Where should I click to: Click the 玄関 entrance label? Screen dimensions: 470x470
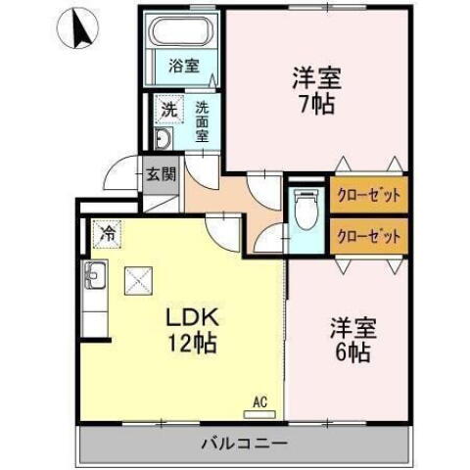pos(161,176)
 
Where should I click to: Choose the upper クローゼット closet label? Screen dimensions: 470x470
pos(368,195)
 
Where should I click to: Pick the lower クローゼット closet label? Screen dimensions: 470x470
pos(368,236)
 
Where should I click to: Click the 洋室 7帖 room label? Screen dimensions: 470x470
pos(315,89)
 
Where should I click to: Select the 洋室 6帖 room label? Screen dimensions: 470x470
pos(349,340)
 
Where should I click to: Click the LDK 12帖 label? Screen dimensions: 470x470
pos(189,331)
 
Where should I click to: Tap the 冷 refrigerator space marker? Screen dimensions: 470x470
pos(109,235)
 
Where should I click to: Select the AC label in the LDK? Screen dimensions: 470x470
pos(259,399)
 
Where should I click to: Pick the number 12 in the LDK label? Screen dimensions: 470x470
pos(177,344)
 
